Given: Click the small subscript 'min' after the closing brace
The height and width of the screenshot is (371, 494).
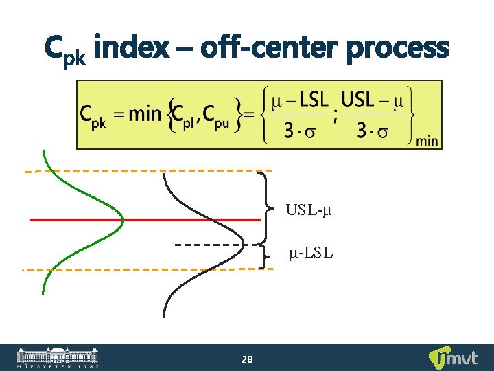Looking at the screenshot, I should click(427, 141).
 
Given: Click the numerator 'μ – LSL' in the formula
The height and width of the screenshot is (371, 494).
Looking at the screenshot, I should click(299, 101).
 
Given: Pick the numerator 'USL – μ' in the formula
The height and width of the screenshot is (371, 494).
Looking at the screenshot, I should click(371, 101).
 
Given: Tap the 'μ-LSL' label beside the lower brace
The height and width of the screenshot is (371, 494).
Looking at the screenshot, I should click(311, 254).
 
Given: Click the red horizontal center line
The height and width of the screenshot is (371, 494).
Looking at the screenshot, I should click(144, 220).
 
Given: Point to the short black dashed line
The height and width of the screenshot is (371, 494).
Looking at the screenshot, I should click(209, 245).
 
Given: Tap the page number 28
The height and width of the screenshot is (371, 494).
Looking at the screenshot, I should click(248, 359).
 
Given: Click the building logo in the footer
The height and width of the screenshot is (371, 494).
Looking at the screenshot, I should click(58, 357).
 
